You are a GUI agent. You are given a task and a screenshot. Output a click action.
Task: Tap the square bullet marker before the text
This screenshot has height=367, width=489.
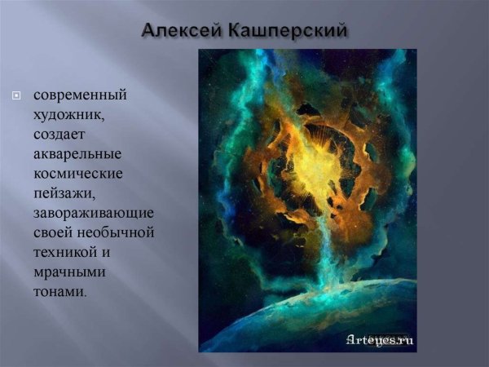[15, 96]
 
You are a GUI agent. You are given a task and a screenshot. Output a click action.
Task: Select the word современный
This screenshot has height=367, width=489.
[80, 95]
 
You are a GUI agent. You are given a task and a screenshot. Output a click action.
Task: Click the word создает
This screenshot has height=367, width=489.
[59, 135]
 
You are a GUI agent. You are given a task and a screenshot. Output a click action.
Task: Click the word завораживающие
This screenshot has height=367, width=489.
[94, 213]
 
